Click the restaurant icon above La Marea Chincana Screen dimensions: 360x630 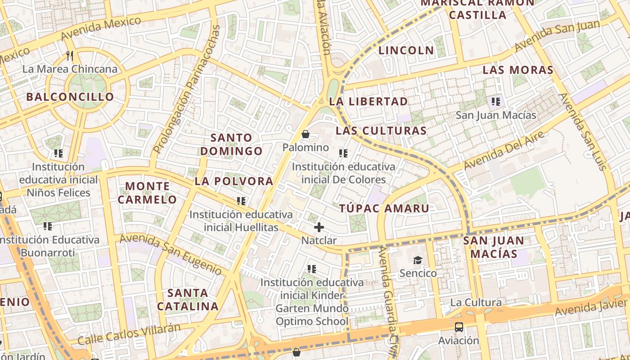click(70, 56)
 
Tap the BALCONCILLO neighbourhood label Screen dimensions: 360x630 click(70, 97)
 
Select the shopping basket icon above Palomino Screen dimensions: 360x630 click(306, 134)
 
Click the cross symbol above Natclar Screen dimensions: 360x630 click(319, 227)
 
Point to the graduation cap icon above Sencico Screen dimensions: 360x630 click(418, 260)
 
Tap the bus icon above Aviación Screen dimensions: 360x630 click(459, 327)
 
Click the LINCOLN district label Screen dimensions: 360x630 click(406, 50)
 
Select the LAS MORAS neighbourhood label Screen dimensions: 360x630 click(518, 70)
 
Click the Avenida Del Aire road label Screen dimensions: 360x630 click(504, 150)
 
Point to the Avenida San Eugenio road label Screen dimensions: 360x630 click(171, 254)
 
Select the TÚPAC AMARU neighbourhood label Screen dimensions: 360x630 click(384, 208)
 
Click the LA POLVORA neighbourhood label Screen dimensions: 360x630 click(234, 181)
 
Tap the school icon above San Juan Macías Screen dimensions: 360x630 click(496, 102)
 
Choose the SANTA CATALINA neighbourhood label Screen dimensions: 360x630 click(188, 300)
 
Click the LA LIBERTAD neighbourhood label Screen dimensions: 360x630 click(369, 101)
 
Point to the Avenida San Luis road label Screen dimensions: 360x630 click(583, 131)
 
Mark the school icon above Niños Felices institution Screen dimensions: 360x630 click(58, 153)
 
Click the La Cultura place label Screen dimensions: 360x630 click(476, 302)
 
